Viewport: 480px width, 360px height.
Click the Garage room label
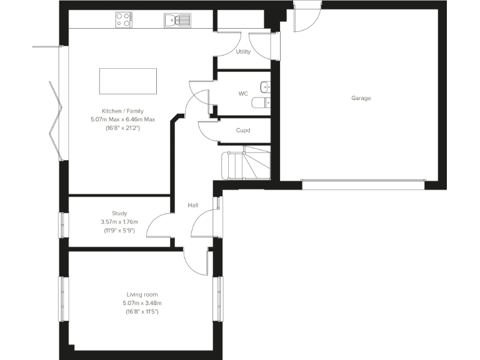pyautogui.click(x=361, y=98)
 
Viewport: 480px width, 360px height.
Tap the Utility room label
pyautogui.click(x=243, y=52)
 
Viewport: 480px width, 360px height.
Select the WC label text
pyautogui.click(x=243, y=94)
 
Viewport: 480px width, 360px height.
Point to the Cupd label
pyautogui.click(x=243, y=131)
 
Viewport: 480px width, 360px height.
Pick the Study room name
pyautogui.click(x=119, y=213)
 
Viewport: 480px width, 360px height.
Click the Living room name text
pyautogui.click(x=142, y=294)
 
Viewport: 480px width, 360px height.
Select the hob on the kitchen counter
pyautogui.click(x=124, y=21)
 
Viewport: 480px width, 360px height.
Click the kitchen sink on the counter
pyautogui.click(x=177, y=21)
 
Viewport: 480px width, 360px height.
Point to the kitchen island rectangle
pyautogui.click(x=127, y=81)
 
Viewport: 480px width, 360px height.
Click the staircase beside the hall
pyautogui.click(x=245, y=164)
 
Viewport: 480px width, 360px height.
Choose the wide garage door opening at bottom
pyautogui.click(x=363, y=184)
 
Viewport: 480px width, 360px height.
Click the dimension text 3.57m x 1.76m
pyautogui.click(x=119, y=222)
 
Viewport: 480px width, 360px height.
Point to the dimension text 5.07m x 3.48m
pyautogui.click(x=142, y=303)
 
